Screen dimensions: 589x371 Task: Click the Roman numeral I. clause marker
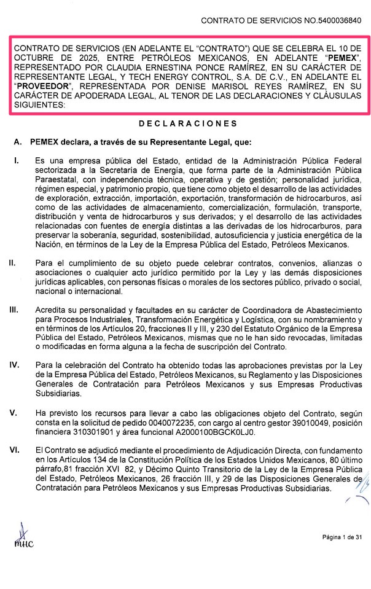(17, 161)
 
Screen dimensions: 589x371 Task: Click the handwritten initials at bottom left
(24, 537)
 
